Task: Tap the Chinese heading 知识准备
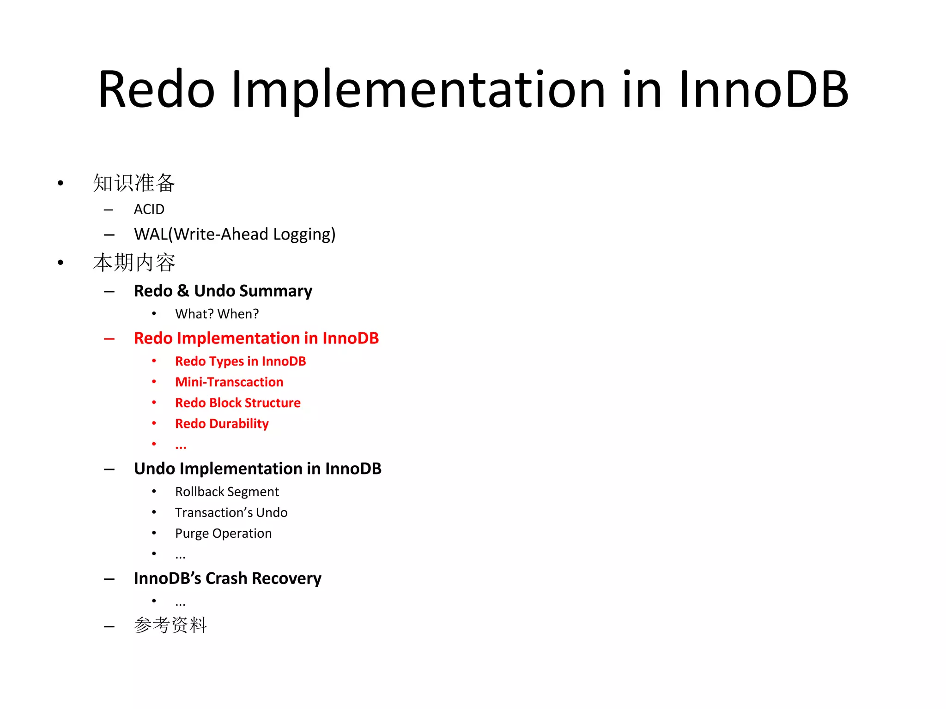pos(134,183)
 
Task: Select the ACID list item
pos(149,210)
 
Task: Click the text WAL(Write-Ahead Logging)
pos(235,234)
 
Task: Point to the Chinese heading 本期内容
pos(134,263)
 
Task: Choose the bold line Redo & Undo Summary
pos(223,291)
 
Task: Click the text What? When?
pos(217,314)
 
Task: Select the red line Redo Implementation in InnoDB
pos(256,338)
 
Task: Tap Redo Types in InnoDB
pos(240,361)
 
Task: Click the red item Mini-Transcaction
pos(229,382)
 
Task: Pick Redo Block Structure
pos(237,403)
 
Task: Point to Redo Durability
pos(222,424)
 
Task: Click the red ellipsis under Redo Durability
pos(181,446)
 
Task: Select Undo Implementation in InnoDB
pos(257,469)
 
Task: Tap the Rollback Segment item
pos(227,492)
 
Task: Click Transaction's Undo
pos(231,513)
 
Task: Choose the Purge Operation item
pos(223,534)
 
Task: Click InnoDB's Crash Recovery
pos(227,578)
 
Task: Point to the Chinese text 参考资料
pos(170,625)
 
